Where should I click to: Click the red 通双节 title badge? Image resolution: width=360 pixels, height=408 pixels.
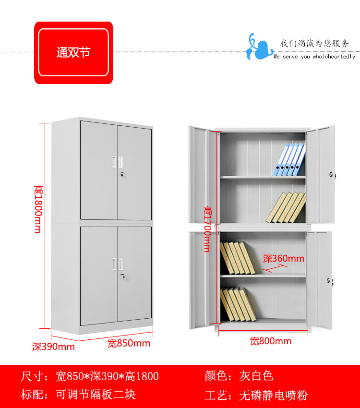(x=73, y=52)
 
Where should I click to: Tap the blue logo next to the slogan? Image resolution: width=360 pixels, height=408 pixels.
(x=259, y=47)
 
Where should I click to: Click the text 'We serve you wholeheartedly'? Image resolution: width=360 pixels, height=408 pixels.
(x=314, y=57)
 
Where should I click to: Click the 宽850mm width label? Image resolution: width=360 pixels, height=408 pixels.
(x=128, y=343)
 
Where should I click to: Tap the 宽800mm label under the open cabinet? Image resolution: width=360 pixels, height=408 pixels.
(x=270, y=341)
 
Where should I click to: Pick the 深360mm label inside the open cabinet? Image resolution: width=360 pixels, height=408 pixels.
(x=283, y=259)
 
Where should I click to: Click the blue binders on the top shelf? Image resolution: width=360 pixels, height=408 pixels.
(x=289, y=159)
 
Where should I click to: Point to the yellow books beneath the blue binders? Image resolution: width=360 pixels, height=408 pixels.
(x=286, y=207)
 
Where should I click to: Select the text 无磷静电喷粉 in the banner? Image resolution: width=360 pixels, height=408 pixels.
(x=273, y=396)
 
